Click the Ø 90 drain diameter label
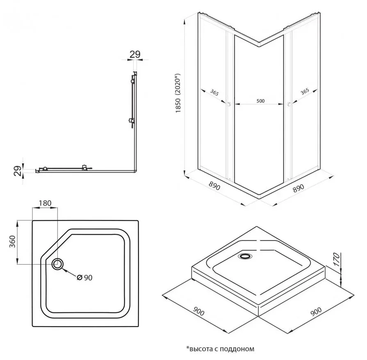[84, 278]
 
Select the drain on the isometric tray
[245, 256]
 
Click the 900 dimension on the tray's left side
[199, 312]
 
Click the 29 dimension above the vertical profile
[135, 54]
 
